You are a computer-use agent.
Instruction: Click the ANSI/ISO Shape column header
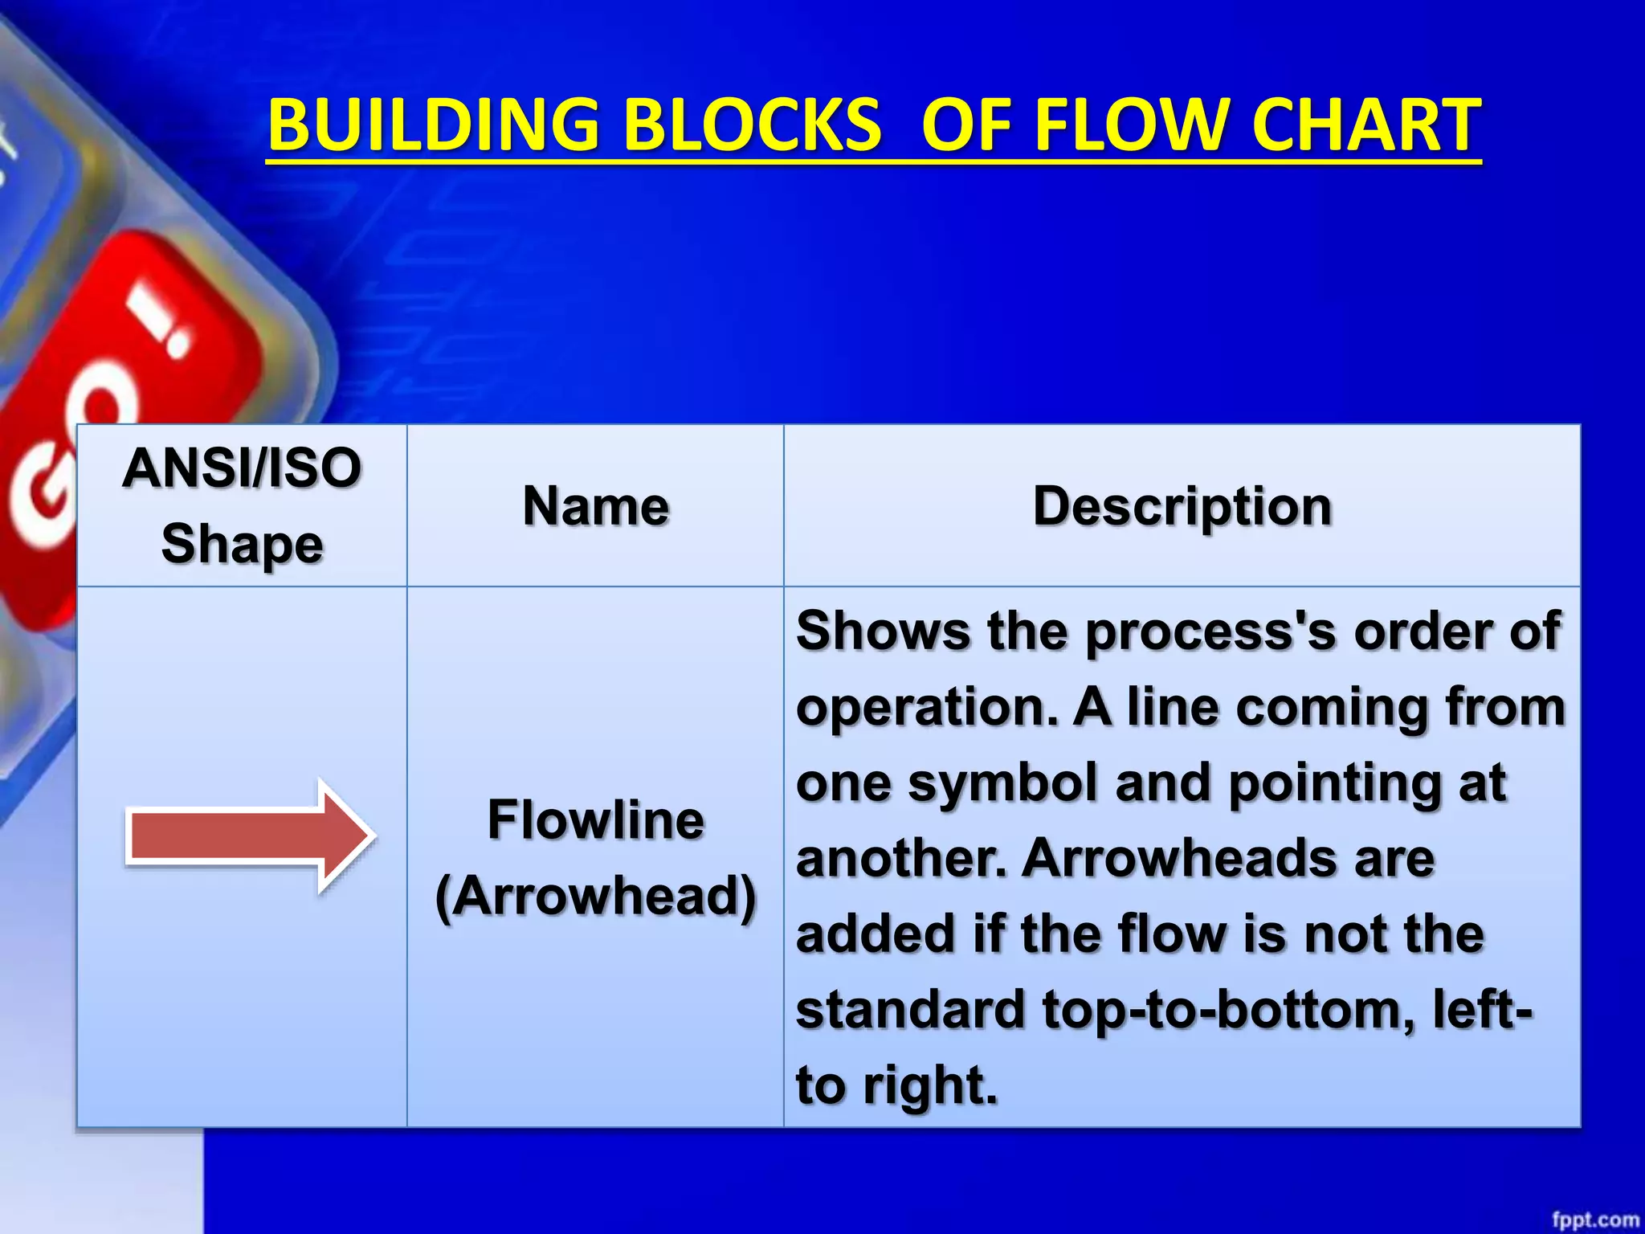(242, 505)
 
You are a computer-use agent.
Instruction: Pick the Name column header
(595, 506)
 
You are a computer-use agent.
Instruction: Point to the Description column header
(1182, 506)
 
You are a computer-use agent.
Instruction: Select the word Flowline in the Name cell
(595, 820)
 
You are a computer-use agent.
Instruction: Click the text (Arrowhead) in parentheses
(595, 896)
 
